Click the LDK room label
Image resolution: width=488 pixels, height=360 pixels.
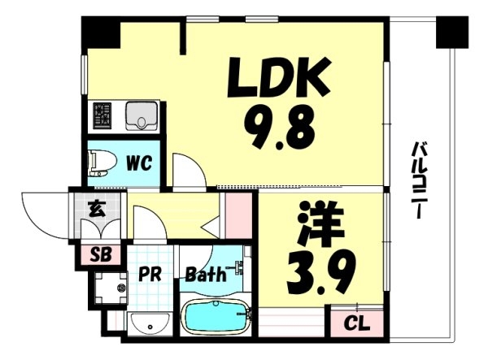pos(279,77)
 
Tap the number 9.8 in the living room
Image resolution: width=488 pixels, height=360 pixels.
pos(279,126)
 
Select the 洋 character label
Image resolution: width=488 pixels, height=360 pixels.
pos(321,223)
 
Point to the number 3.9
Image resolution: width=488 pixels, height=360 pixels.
pos(321,272)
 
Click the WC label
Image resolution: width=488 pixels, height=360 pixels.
pos(139,163)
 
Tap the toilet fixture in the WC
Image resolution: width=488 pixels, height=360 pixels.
pos(102,163)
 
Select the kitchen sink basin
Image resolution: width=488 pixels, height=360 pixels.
pos(142,116)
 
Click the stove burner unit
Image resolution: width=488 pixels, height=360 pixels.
pos(102,115)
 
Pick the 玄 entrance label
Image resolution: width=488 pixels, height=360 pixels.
pos(97,209)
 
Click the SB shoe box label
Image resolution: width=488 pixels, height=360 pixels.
pos(101,255)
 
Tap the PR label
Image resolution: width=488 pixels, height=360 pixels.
pos(150,274)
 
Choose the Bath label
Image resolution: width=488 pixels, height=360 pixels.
pos(206,274)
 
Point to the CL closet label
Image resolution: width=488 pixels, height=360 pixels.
pos(357,323)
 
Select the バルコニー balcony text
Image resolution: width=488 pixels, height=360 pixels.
pos(418,180)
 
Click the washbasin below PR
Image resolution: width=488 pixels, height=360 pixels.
pos(150,324)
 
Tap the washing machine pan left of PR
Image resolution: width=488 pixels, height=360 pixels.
pos(111,288)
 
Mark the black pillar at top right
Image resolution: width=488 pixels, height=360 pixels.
pos(452,33)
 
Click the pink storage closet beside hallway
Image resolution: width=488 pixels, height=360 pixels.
pos(238,215)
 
